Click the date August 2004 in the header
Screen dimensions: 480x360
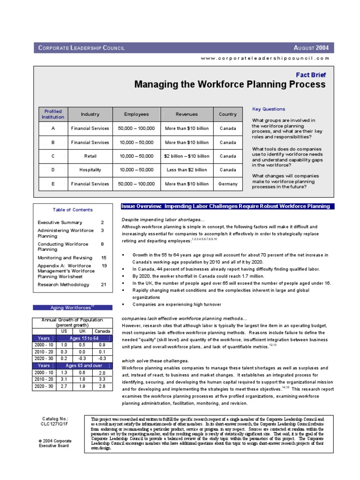pos(311,47)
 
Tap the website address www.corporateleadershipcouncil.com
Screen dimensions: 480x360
pos(265,58)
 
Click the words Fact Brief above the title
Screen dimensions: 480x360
pos(310,75)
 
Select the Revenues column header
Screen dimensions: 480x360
pos(187,114)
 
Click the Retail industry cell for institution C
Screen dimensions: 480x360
pos(90,156)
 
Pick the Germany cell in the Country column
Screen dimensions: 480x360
pos(228,184)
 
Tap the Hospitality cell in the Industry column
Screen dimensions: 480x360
pos(90,170)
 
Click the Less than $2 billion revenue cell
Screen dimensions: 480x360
pos(187,170)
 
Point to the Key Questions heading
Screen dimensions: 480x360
pos(269,109)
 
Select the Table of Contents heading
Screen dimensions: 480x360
pos(73,210)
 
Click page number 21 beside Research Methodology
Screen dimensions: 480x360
pos(104,285)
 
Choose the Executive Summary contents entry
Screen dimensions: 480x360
pos(60,223)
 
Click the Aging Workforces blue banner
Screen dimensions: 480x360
pos(73,307)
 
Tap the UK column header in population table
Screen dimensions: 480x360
pos(82,331)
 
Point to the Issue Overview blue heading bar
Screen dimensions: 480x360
pos(225,206)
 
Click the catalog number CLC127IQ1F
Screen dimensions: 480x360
pos(53,423)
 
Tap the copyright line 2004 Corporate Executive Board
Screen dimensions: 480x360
pos(55,443)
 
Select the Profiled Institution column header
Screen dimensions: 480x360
pos(53,114)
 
